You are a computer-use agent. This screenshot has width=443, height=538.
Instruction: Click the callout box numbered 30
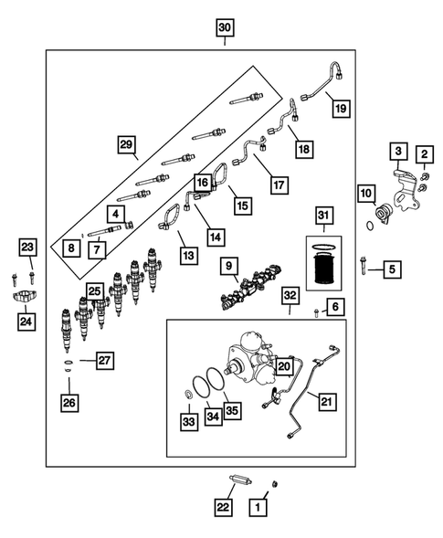225,28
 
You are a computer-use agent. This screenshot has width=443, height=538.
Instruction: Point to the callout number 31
321,215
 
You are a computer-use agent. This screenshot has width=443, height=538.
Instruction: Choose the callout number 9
230,266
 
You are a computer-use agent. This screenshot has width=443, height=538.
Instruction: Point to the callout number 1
260,504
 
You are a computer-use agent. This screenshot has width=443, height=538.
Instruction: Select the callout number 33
187,422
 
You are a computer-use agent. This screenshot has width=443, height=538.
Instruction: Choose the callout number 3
399,150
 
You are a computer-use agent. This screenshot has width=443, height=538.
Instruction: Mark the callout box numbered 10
365,193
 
